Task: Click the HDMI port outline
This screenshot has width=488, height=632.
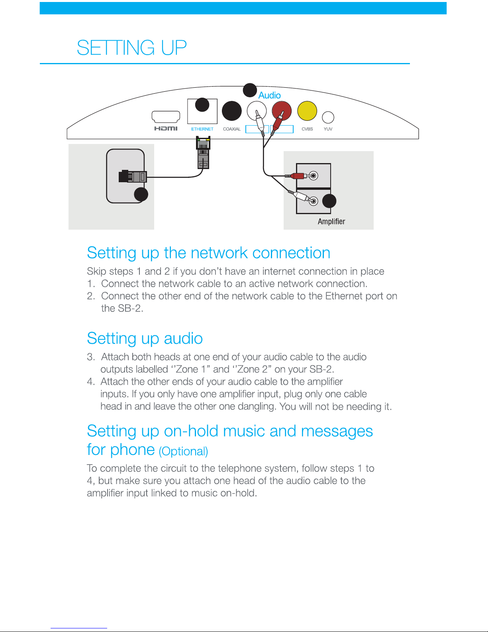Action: (x=166, y=116)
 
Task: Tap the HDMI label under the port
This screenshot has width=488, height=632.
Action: (x=166, y=128)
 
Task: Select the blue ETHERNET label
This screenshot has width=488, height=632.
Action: (x=202, y=129)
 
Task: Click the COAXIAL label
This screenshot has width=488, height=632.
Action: (x=232, y=129)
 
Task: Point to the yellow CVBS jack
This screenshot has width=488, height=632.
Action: (x=307, y=111)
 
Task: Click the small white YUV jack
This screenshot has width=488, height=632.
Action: (x=328, y=117)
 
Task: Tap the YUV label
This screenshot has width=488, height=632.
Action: (x=328, y=129)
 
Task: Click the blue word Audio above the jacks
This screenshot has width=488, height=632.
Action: (x=270, y=95)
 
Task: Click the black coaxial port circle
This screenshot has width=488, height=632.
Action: (x=231, y=111)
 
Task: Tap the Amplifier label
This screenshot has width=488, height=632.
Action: (x=331, y=222)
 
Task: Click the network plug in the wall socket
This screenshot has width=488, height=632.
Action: (x=133, y=176)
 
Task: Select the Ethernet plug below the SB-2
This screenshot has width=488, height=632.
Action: (x=203, y=154)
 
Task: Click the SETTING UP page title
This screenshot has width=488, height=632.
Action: (x=132, y=48)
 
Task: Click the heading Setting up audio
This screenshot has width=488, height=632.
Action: (x=145, y=339)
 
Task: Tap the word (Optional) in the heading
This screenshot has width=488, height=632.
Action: (x=183, y=451)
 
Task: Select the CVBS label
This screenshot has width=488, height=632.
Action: (x=307, y=129)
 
